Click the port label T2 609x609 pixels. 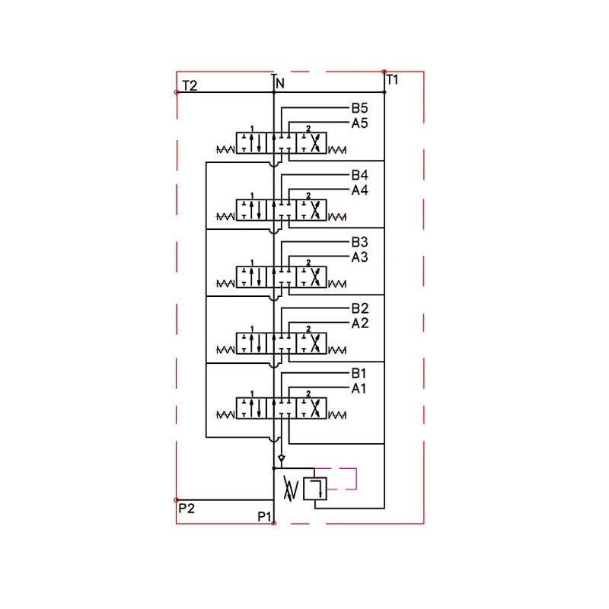tap(190, 85)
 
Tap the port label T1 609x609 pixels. tap(393, 79)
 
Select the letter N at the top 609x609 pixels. tap(280, 83)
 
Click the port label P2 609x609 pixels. tap(187, 508)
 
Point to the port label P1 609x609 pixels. tap(264, 517)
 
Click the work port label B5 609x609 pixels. tap(359, 108)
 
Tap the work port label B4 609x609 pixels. tap(359, 175)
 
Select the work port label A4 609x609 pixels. tap(359, 190)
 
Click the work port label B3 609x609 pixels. tap(359, 242)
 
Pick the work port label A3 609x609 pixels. tap(359, 257)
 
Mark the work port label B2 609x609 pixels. tap(359, 308)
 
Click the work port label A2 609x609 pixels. tap(359, 323)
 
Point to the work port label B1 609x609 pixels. tap(359, 374)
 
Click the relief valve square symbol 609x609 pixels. tap(314, 488)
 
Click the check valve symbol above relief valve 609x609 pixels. tap(282, 458)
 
